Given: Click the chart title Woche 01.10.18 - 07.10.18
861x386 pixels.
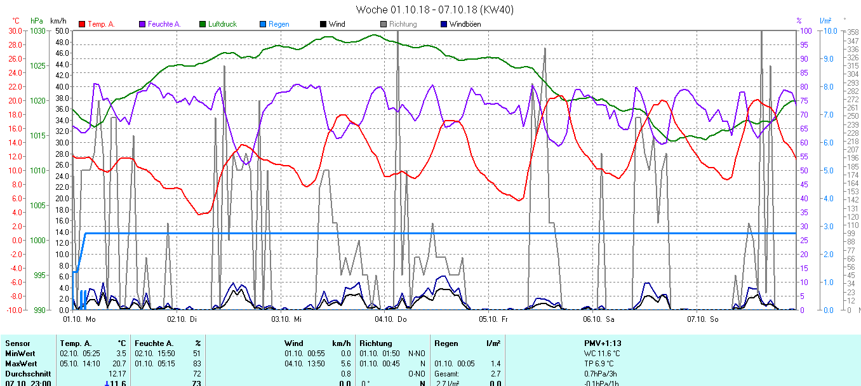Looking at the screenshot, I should [434, 10].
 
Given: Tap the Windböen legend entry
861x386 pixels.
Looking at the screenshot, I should [464, 24].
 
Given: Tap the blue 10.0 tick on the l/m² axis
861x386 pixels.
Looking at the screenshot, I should [828, 31].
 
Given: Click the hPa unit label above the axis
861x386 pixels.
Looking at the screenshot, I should [37, 21].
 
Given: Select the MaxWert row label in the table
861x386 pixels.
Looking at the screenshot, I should [20, 363].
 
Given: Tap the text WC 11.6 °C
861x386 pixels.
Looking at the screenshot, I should [602, 354].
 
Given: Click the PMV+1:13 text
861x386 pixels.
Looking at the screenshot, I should [602, 343].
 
